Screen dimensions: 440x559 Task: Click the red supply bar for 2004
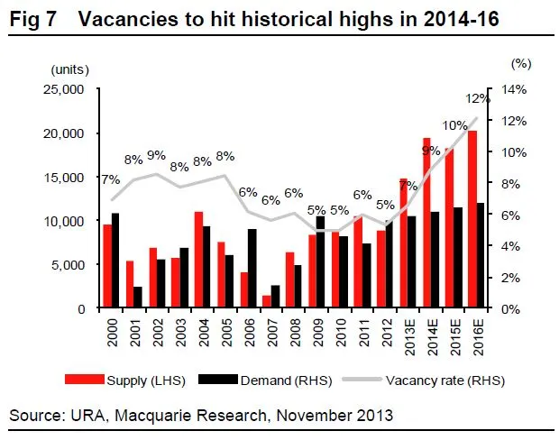point(198,260)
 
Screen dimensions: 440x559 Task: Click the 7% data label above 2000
point(111,179)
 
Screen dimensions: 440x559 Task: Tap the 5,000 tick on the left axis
point(67,265)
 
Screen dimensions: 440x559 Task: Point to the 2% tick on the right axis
point(509,278)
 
